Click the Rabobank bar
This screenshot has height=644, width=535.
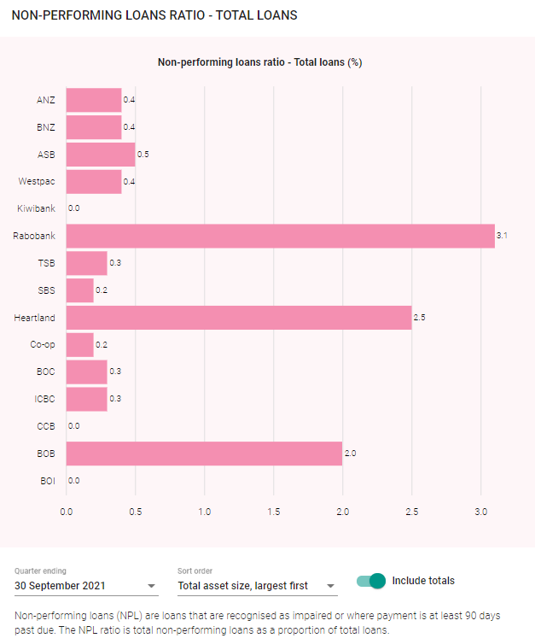coord(280,236)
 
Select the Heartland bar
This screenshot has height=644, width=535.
coord(239,318)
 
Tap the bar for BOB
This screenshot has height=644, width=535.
coord(204,454)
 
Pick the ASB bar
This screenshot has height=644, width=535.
coord(101,155)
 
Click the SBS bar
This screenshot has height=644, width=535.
coord(79,290)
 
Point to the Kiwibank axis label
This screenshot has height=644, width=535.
coord(36,208)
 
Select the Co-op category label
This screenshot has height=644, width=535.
coord(42,345)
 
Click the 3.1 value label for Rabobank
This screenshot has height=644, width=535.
coord(503,236)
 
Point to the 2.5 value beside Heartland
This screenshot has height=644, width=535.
coord(419,318)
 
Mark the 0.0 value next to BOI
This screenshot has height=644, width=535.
coord(74,481)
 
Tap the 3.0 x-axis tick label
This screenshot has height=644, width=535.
coord(480,512)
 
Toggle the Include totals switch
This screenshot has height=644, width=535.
coord(372,581)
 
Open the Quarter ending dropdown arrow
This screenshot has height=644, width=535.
coord(152,587)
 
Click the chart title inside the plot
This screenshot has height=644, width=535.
coord(261,62)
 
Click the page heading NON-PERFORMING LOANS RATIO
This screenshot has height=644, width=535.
coord(154,16)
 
